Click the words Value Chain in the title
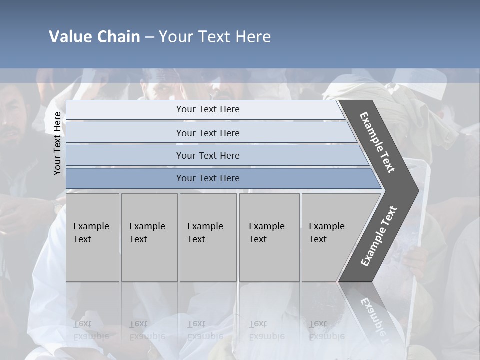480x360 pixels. click(x=94, y=37)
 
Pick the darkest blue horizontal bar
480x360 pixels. click(x=125, y=178)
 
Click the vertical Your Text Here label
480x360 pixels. click(x=57, y=143)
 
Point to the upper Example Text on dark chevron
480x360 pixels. click(x=377, y=142)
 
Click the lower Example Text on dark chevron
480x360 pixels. click(x=379, y=236)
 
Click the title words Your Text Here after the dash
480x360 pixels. click(x=215, y=37)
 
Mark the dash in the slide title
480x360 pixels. click(x=149, y=37)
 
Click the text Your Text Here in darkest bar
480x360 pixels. click(x=208, y=178)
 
